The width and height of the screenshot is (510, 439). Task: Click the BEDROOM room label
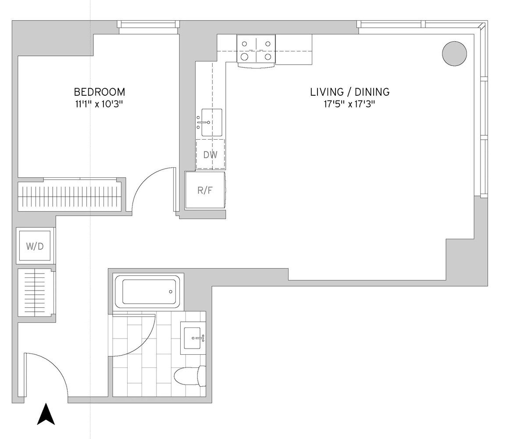point(100,92)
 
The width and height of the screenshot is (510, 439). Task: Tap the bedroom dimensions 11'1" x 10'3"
point(100,104)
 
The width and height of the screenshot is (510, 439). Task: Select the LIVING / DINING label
point(350,92)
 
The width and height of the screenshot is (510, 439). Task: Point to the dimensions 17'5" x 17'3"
point(350,104)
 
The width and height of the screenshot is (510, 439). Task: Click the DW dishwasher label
point(210,155)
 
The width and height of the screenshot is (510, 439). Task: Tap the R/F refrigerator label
point(205,190)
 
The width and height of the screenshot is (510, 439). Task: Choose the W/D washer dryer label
point(35,246)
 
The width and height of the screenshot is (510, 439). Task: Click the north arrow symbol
point(46,414)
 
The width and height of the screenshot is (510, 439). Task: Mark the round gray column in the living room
point(454,54)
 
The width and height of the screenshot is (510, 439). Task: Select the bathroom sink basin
point(193,338)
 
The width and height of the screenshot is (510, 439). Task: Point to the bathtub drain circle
point(171,292)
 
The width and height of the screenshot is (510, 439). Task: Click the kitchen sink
point(212,122)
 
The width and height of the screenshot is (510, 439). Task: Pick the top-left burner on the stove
point(245,44)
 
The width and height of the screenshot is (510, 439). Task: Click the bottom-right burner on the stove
point(267,57)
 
